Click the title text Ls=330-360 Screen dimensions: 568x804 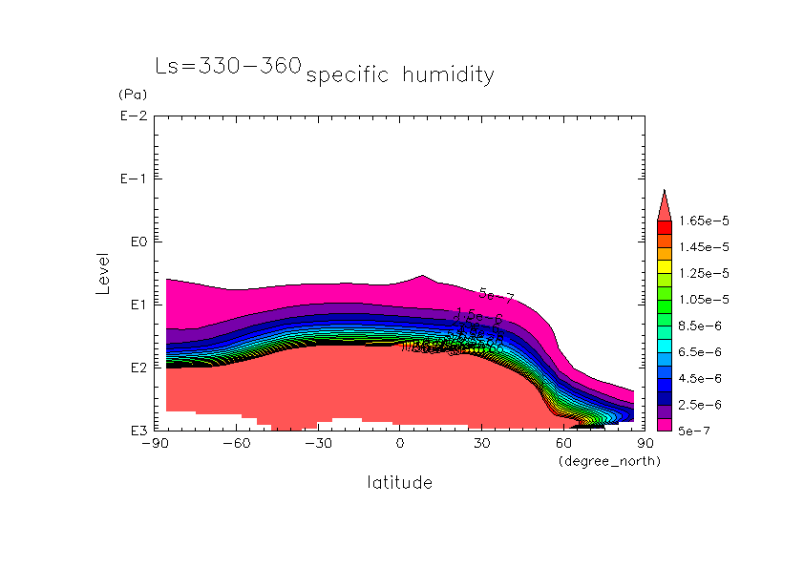[x=228, y=66]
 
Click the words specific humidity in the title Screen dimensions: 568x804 [x=400, y=74]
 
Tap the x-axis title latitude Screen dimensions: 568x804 [x=399, y=483]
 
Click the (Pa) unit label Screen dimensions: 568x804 [x=131, y=95]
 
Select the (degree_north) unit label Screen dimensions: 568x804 [x=609, y=461]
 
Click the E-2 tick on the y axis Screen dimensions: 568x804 [x=132, y=116]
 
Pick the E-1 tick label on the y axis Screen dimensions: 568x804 [x=132, y=179]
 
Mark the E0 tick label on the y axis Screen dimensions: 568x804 [x=136, y=242]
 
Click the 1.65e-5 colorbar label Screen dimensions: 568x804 [x=703, y=221]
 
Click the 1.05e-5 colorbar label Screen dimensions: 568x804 [x=703, y=300]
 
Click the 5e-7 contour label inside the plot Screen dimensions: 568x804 [x=497, y=296]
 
